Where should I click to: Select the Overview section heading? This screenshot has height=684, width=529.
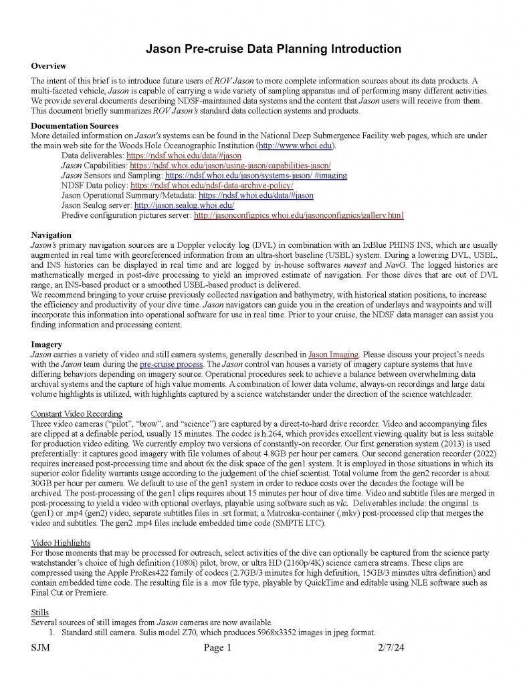49,66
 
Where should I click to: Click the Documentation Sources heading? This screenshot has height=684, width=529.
75,126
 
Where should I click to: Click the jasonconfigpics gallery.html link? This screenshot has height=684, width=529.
298,216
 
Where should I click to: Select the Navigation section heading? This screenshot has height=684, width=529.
51,236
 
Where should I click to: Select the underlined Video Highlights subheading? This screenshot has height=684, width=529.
61,544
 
